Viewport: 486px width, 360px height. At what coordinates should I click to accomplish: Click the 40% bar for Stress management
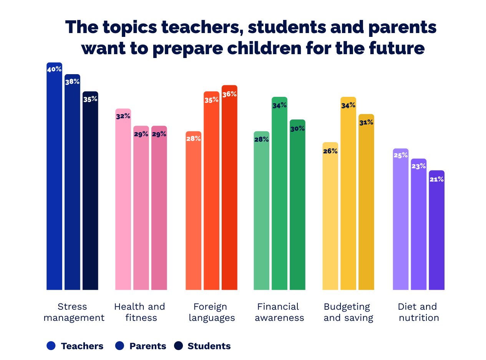(x=54, y=176)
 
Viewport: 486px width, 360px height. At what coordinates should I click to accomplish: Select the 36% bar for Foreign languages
(x=229, y=187)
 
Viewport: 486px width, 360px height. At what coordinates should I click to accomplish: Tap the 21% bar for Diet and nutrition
(x=436, y=230)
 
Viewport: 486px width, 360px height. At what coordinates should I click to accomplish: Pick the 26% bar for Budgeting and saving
(x=330, y=216)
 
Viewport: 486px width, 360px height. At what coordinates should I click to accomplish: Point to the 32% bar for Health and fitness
(x=123, y=199)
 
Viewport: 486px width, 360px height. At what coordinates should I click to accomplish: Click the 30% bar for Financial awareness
(x=297, y=204)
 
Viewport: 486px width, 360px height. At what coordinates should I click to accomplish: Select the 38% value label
(x=72, y=82)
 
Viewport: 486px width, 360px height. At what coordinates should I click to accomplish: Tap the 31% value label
(x=366, y=122)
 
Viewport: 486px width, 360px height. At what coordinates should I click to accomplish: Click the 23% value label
(x=418, y=166)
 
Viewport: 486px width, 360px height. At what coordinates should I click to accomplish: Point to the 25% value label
(x=401, y=155)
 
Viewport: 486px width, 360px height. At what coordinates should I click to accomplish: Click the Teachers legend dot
(x=51, y=345)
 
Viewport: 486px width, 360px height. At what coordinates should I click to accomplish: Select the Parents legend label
(x=148, y=346)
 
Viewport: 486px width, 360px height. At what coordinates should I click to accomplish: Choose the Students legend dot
(x=178, y=345)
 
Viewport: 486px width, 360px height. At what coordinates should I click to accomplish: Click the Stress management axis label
(x=74, y=312)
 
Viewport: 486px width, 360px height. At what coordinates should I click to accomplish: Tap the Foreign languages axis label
(x=212, y=312)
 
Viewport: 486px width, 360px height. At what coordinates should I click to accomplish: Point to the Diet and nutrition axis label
(x=418, y=312)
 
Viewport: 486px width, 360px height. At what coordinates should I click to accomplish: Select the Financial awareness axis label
(x=279, y=312)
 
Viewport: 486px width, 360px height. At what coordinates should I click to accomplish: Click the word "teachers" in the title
(x=202, y=27)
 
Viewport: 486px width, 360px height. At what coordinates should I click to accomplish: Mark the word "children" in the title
(x=264, y=48)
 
